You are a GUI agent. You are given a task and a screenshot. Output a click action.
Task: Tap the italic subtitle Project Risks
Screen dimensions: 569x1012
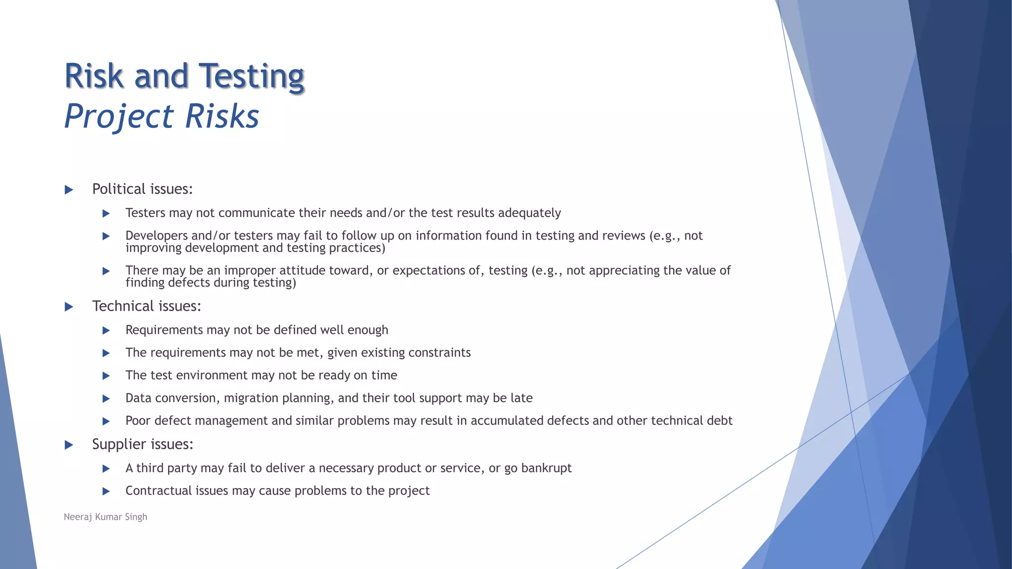[x=162, y=117]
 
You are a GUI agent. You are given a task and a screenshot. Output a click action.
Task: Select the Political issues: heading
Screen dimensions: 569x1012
[x=142, y=189]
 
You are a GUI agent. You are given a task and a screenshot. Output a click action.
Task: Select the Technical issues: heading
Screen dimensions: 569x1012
[x=147, y=306]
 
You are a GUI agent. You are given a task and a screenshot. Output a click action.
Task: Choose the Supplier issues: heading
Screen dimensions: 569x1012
[x=142, y=444]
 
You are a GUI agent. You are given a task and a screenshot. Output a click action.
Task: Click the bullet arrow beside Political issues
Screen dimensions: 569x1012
[x=69, y=190]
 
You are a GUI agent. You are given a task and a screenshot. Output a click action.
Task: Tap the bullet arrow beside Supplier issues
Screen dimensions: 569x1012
[x=69, y=445]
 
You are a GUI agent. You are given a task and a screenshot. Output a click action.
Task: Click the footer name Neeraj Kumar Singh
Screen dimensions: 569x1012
[x=105, y=517]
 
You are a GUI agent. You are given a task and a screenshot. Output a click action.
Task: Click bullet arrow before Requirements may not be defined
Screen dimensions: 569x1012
[x=106, y=330]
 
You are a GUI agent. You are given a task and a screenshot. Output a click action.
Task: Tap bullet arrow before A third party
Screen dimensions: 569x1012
[x=106, y=469]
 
